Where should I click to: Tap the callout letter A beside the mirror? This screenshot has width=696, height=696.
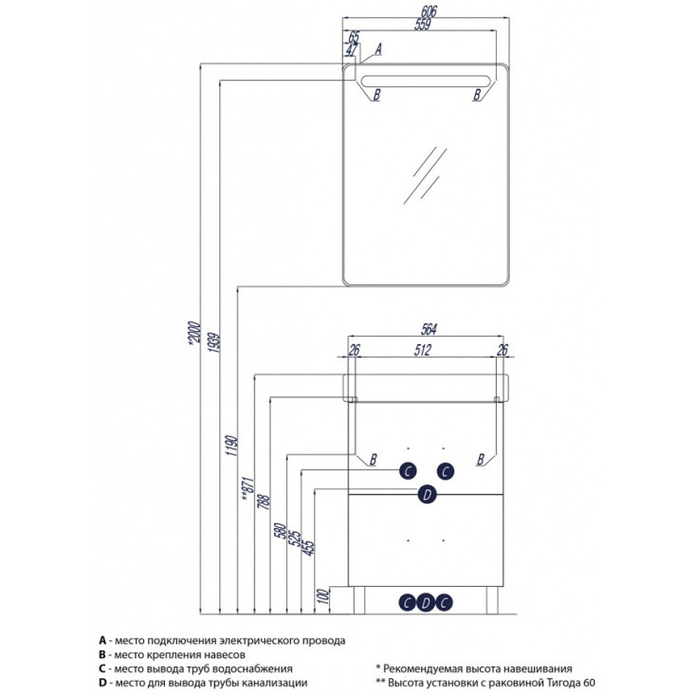(377, 47)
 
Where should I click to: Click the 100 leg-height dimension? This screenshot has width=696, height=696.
(323, 595)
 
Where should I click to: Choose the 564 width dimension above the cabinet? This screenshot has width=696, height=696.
(428, 329)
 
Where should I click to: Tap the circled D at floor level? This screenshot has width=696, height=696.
(427, 601)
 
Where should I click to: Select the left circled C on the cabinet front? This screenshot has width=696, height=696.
(407, 469)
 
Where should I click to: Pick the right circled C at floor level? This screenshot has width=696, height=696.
(445, 601)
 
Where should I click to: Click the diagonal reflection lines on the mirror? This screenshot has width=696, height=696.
(424, 174)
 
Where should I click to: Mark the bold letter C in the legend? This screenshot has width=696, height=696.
(101, 669)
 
